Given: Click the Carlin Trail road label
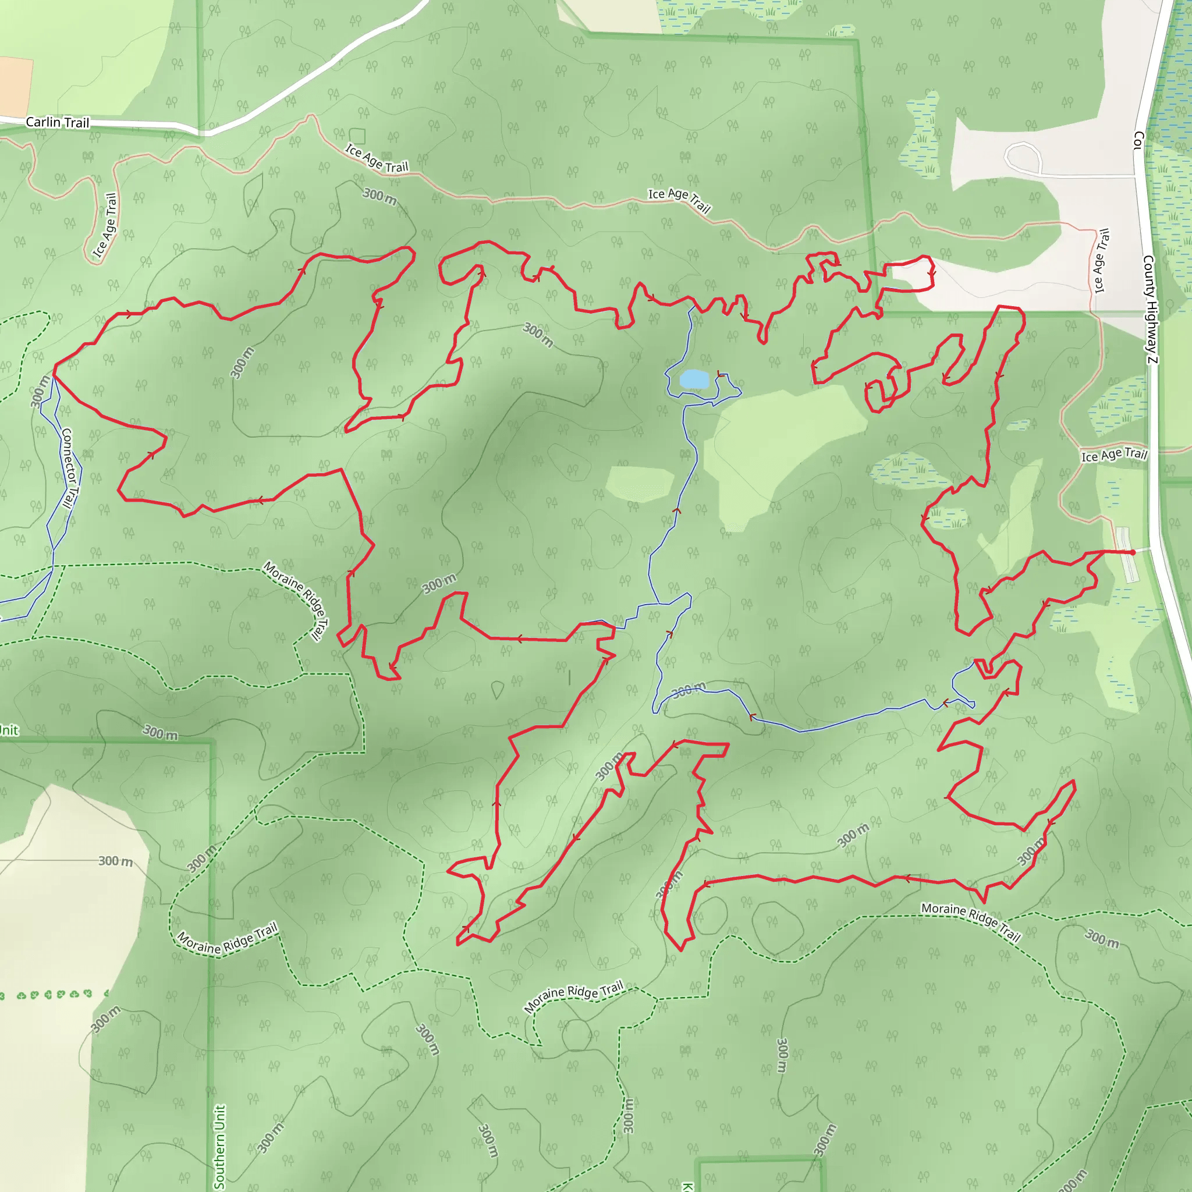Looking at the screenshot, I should point(58,122).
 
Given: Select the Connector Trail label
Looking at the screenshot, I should point(70,469).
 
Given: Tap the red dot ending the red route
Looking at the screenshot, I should point(1133,552).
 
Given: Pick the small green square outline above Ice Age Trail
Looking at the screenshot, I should point(357,136).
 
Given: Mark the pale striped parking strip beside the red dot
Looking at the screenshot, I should point(1126,554).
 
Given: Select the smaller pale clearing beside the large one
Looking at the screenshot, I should point(639,483).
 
